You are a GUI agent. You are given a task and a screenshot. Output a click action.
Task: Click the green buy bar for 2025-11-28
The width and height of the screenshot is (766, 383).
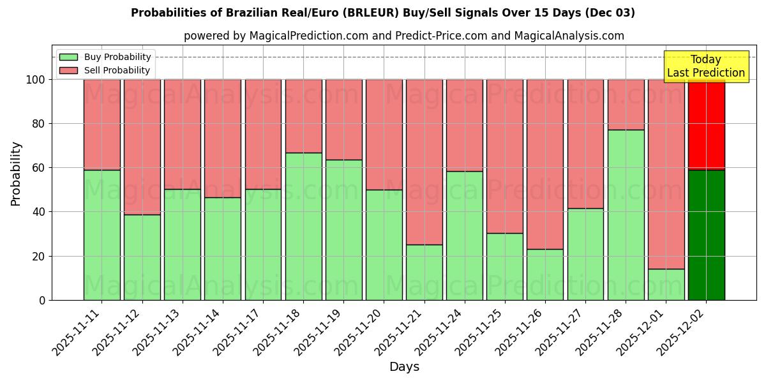[626, 214]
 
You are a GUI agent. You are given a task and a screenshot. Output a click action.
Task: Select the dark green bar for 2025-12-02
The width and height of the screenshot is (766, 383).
[706, 234]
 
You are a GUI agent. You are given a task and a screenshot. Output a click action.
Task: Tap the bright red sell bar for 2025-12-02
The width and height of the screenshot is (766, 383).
[706, 124]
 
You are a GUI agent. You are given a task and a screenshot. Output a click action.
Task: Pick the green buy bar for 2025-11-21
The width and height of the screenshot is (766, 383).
[424, 272]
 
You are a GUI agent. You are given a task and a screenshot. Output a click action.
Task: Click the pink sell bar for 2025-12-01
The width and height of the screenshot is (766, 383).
[666, 174]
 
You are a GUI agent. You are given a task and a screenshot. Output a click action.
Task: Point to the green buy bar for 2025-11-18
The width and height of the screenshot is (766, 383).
[303, 226]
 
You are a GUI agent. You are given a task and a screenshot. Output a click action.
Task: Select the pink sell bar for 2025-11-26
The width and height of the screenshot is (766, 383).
[545, 164]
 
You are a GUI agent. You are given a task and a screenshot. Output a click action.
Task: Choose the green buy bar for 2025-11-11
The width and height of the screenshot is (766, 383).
[101, 234]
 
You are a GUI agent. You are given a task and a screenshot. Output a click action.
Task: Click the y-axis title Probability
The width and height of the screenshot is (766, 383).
[16, 173]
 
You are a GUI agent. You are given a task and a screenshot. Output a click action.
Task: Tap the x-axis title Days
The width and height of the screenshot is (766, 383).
[404, 367]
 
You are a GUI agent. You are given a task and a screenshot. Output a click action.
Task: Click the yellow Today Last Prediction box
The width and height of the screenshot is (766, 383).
[705, 66]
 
